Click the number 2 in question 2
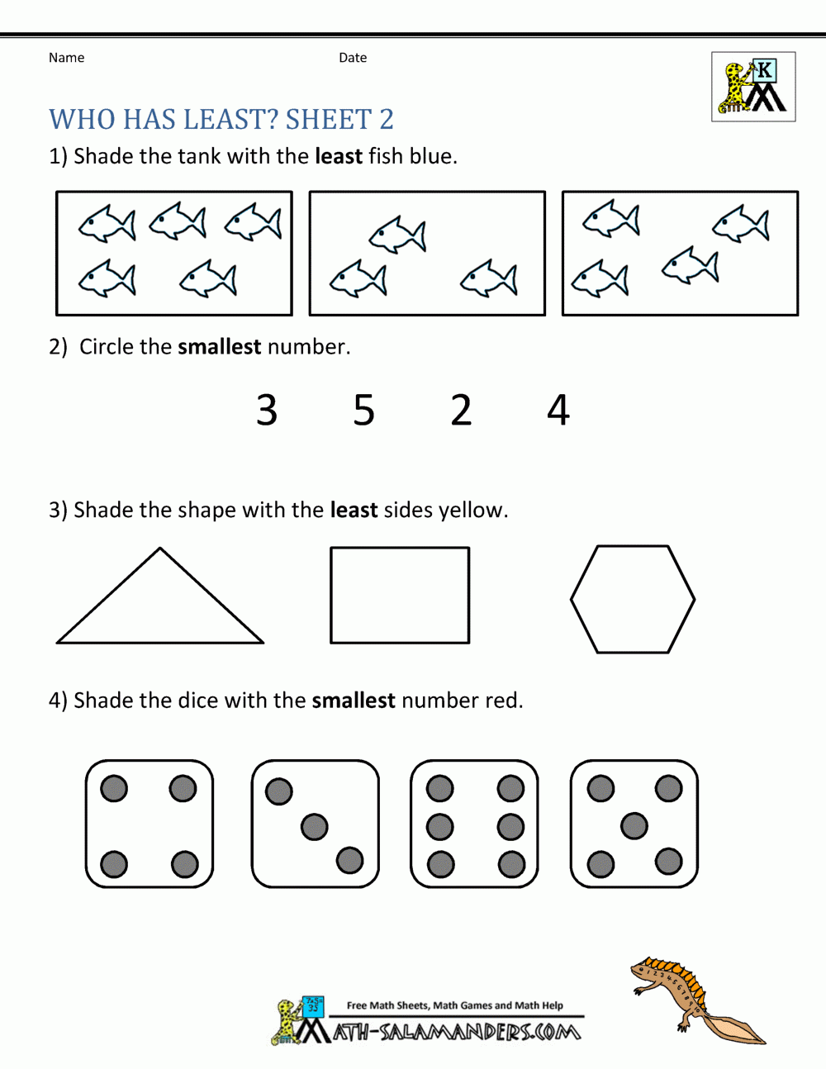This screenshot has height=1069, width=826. point(461,411)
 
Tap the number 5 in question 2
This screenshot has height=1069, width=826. point(364,411)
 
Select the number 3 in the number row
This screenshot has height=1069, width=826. point(267,411)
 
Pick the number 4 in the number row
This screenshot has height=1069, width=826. point(558,411)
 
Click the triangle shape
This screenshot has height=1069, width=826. point(160,607)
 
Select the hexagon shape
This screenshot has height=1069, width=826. point(633,599)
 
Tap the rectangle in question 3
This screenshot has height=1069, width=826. point(400,595)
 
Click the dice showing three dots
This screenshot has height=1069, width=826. point(315,824)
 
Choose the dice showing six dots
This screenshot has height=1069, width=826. point(474,824)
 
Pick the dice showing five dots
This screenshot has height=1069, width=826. point(634,824)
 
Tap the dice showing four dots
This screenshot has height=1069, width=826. point(150,824)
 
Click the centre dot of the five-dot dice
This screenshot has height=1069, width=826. point(634,825)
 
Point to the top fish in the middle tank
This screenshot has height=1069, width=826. point(397,235)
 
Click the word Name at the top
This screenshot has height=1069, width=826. point(66,58)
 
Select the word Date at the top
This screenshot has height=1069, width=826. point(353,58)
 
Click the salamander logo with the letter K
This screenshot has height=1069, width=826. point(753,87)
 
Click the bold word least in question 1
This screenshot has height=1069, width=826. point(339,156)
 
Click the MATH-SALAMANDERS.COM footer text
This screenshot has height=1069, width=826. point(456,1032)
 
